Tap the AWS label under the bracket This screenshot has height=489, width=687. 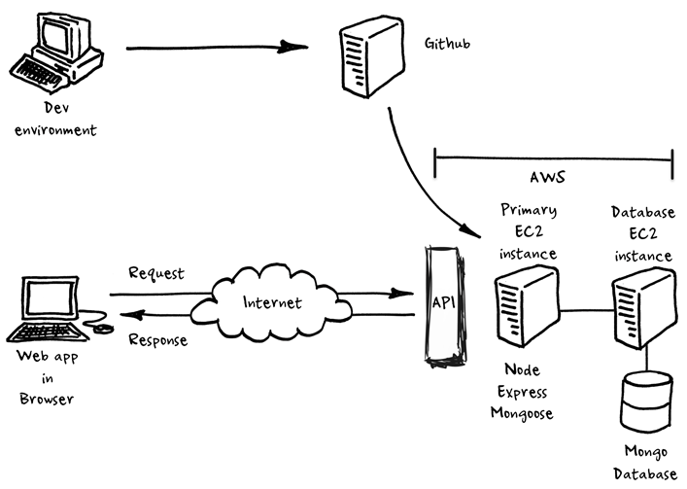point(550,178)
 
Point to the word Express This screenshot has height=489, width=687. point(525,393)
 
